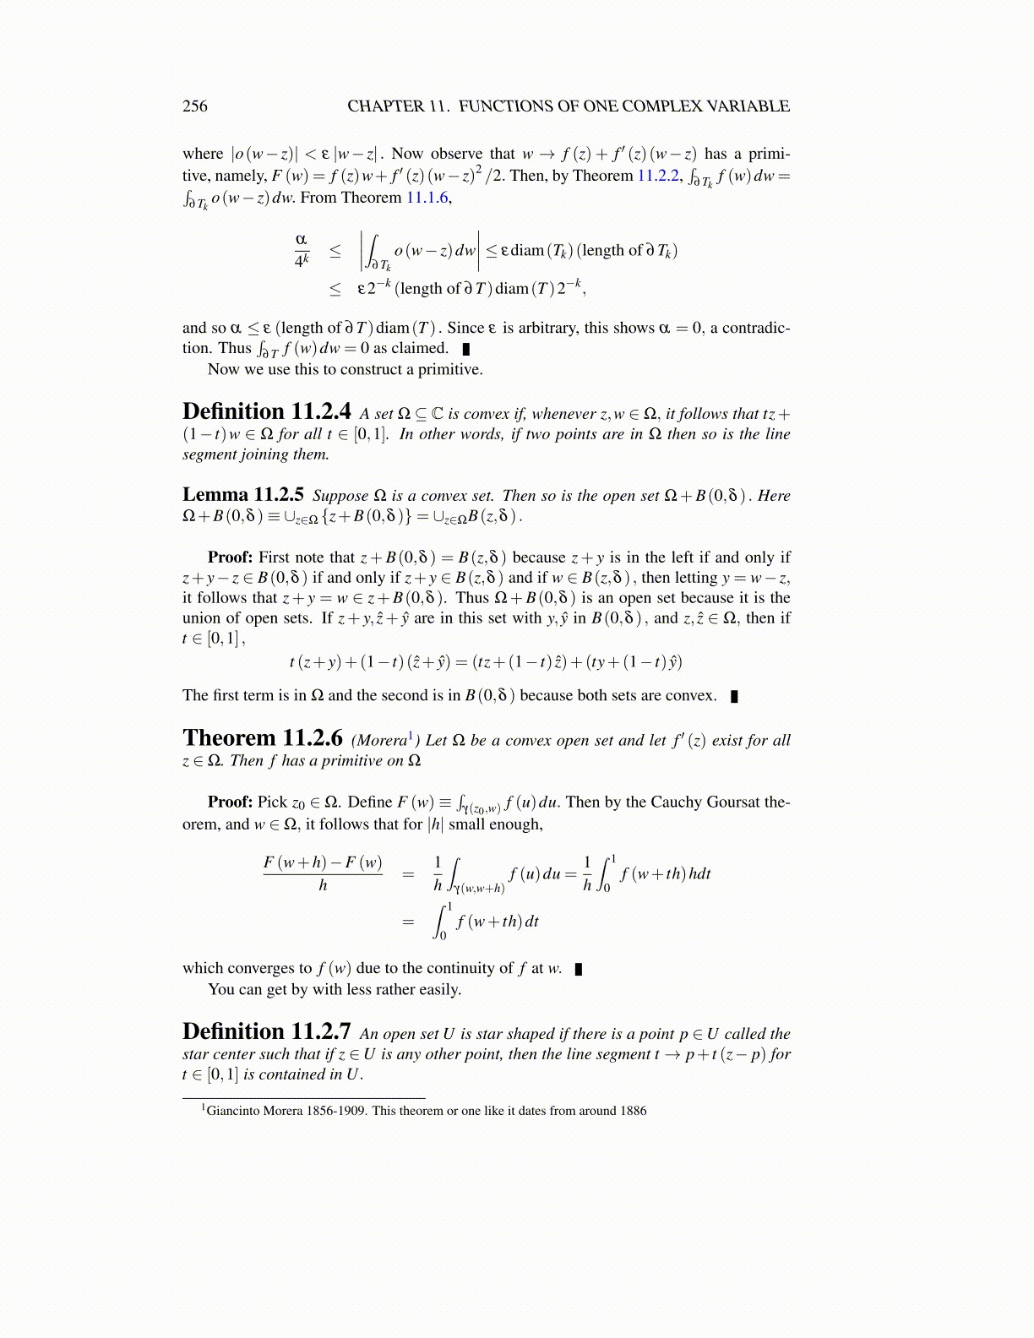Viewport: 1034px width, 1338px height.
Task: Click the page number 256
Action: pos(194,106)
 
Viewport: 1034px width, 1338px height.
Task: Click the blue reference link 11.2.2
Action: pos(658,176)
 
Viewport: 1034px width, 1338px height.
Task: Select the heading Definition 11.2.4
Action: pos(266,411)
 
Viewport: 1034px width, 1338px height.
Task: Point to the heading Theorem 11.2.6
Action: pos(262,738)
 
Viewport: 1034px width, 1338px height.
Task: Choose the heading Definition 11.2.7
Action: pos(266,1031)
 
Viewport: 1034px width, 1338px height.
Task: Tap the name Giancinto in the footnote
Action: pos(232,1111)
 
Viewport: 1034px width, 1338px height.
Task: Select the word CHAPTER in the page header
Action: pos(385,106)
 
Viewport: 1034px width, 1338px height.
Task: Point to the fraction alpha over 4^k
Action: pos(302,250)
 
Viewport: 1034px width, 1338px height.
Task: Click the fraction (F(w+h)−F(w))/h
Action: pos(323,873)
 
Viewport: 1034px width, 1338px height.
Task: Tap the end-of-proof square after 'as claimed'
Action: pos(466,349)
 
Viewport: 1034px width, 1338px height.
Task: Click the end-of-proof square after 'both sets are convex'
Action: pos(734,696)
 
